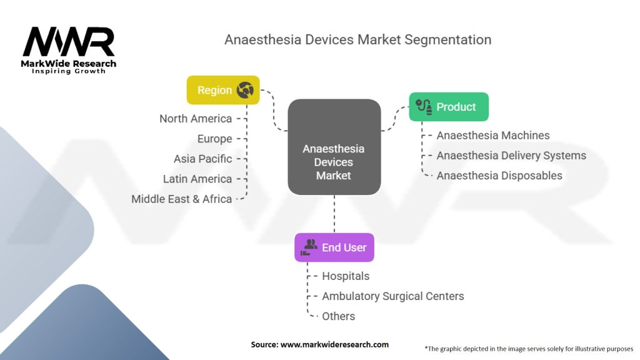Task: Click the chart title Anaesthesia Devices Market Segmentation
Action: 357,39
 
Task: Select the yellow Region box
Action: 223,90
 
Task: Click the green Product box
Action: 448,107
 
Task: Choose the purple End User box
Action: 334,247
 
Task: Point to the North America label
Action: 195,119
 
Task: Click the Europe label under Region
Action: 214,139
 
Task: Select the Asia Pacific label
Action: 202,159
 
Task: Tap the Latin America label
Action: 197,179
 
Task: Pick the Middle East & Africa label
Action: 181,199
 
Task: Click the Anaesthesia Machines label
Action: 493,136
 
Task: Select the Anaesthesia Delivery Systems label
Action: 511,156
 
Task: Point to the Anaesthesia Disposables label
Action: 499,176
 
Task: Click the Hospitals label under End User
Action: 346,276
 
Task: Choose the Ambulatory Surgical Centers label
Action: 392,296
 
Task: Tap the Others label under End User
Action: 338,316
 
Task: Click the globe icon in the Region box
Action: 244,90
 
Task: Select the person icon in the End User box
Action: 308,247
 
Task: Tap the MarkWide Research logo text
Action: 69,64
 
